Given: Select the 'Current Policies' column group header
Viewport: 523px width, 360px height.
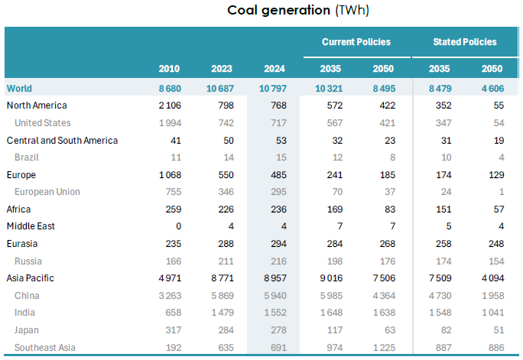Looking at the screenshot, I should tap(356, 42).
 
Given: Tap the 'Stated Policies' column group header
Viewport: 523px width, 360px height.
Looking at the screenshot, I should tap(465, 42).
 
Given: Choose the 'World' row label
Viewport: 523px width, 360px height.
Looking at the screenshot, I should tap(19, 89).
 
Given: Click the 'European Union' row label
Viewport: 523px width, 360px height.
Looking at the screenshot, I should tap(47, 192).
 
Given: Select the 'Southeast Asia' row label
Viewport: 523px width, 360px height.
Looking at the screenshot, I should tap(46, 348).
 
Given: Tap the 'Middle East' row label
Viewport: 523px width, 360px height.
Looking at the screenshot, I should tap(31, 226).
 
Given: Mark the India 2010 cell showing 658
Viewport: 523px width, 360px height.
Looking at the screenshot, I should tap(172, 313).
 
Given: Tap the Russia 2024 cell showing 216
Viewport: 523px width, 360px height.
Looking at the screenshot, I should tap(278, 261).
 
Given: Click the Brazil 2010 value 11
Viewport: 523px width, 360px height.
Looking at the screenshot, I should tap(175, 157).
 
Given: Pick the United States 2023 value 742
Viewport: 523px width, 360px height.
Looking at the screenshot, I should tap(224, 123).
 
